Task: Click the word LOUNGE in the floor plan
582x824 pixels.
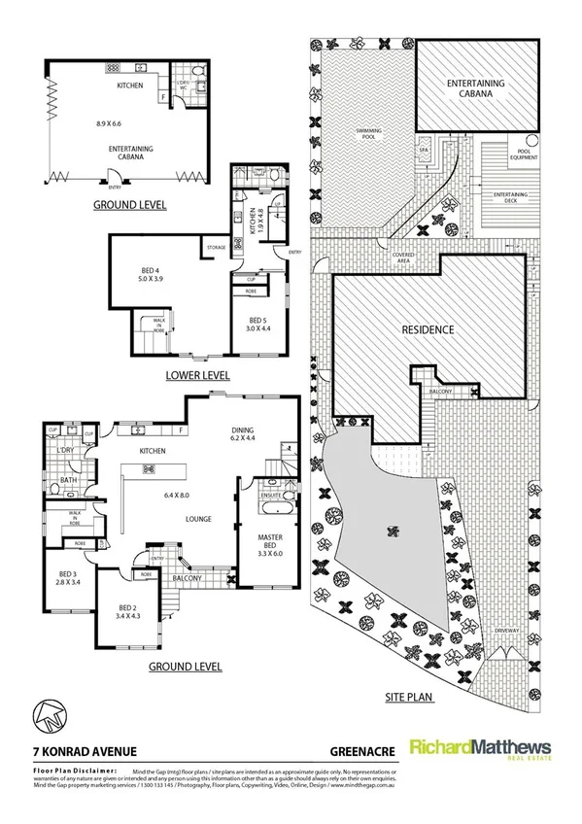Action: [199, 519]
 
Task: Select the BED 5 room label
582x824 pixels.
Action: [257, 321]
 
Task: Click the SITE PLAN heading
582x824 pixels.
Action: [408, 696]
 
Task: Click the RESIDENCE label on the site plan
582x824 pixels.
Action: [428, 329]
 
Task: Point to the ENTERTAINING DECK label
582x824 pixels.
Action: [509, 198]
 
